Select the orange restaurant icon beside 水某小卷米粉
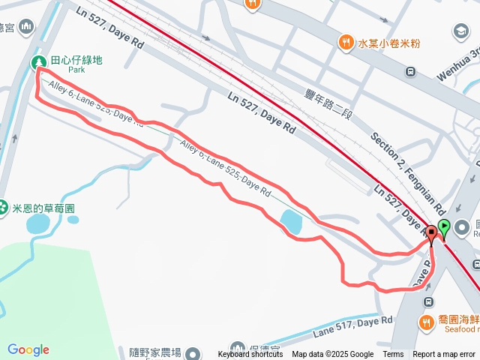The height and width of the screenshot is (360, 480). (x=346, y=43)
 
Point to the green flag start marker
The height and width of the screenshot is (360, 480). (x=444, y=227)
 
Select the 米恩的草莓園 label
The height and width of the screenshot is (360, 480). (x=43, y=207)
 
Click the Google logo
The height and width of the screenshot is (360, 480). (x=28, y=349)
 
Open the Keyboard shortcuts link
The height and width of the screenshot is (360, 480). (x=250, y=355)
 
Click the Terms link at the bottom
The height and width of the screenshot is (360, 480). (x=393, y=355)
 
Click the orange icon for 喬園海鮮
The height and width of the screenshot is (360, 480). (x=427, y=323)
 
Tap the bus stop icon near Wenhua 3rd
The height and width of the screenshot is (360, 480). (x=410, y=71)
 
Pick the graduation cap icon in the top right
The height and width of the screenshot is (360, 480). (x=460, y=31)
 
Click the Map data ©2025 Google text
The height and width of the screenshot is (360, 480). (x=332, y=355)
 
